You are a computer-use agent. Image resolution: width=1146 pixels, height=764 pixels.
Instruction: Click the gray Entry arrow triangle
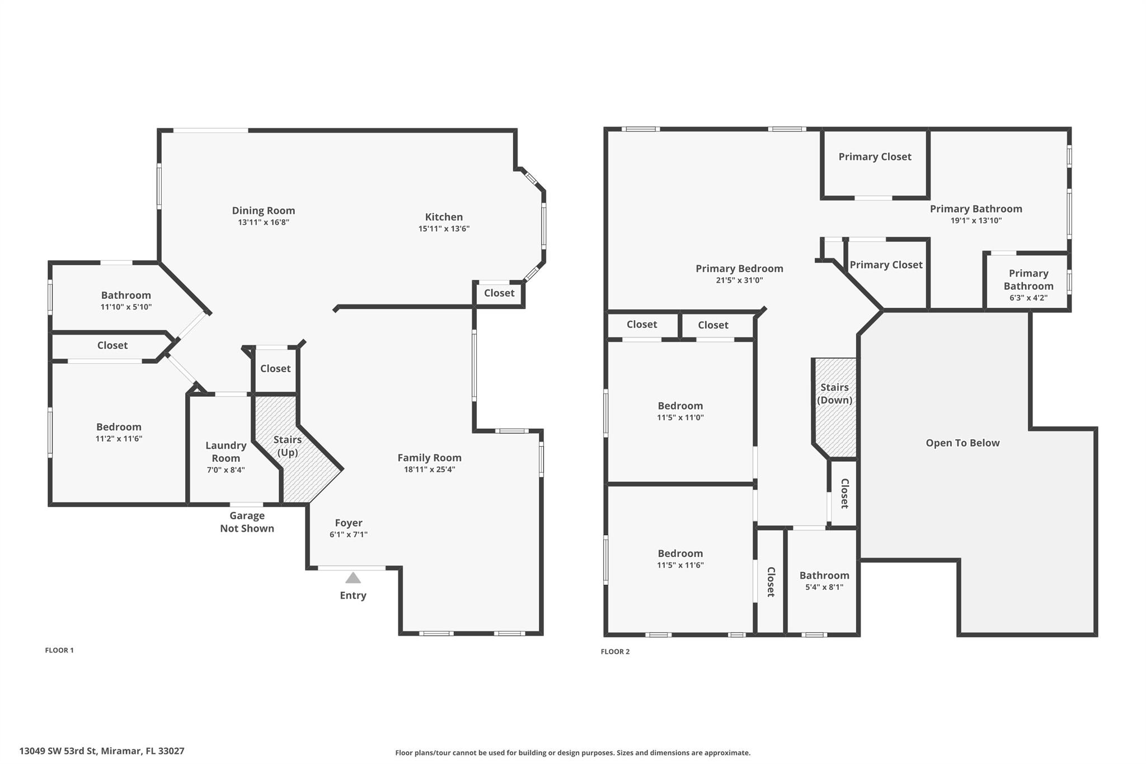353,578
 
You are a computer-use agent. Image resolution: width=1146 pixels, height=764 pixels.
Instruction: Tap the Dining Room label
264,210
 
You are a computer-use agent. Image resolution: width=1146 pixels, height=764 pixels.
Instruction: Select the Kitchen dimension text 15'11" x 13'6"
444,228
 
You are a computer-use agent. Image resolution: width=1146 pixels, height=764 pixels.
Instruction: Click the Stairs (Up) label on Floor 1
288,446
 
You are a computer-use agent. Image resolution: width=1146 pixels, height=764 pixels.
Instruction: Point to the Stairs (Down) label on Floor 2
835,393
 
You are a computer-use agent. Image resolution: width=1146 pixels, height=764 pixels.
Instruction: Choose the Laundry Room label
226,452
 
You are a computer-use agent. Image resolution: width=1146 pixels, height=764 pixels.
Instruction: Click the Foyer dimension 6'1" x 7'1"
349,535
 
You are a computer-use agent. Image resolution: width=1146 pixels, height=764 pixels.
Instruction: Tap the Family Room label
430,458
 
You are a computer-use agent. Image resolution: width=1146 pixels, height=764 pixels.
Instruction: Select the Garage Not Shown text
247,522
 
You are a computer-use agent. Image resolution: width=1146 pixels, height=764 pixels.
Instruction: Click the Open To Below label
962,443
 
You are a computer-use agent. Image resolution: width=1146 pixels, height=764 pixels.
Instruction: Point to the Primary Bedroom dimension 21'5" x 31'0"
739,280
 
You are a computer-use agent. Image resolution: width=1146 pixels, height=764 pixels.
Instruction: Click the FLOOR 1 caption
59,650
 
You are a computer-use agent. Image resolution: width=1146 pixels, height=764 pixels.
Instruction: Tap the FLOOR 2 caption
615,651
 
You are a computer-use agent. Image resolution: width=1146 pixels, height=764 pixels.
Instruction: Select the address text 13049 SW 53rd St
58,751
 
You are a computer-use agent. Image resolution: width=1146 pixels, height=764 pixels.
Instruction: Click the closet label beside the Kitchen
499,293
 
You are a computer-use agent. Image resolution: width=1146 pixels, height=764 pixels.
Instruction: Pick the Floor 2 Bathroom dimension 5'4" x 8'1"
824,587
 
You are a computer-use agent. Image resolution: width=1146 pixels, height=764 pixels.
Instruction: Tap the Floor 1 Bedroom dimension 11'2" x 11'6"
119,439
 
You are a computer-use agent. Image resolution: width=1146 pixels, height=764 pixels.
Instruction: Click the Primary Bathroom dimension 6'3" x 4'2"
1028,298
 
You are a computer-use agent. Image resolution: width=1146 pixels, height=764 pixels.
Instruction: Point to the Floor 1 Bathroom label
126,295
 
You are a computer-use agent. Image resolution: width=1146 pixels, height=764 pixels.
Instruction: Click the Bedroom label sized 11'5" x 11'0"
680,406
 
